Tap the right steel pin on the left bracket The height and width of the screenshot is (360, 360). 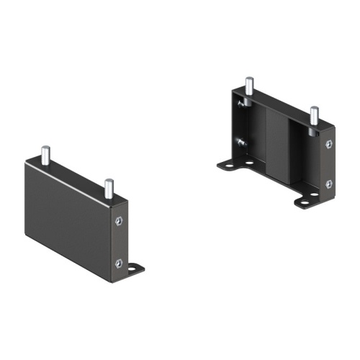point(109,188)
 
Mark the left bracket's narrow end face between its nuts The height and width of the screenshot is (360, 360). point(120,242)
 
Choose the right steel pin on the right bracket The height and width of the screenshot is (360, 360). point(313,116)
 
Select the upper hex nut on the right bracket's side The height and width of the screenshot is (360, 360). point(329,145)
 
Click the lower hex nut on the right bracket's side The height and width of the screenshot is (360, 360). point(329,184)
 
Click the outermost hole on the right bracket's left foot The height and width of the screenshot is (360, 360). point(229,166)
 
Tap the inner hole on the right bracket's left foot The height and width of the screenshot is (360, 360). point(248,163)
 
